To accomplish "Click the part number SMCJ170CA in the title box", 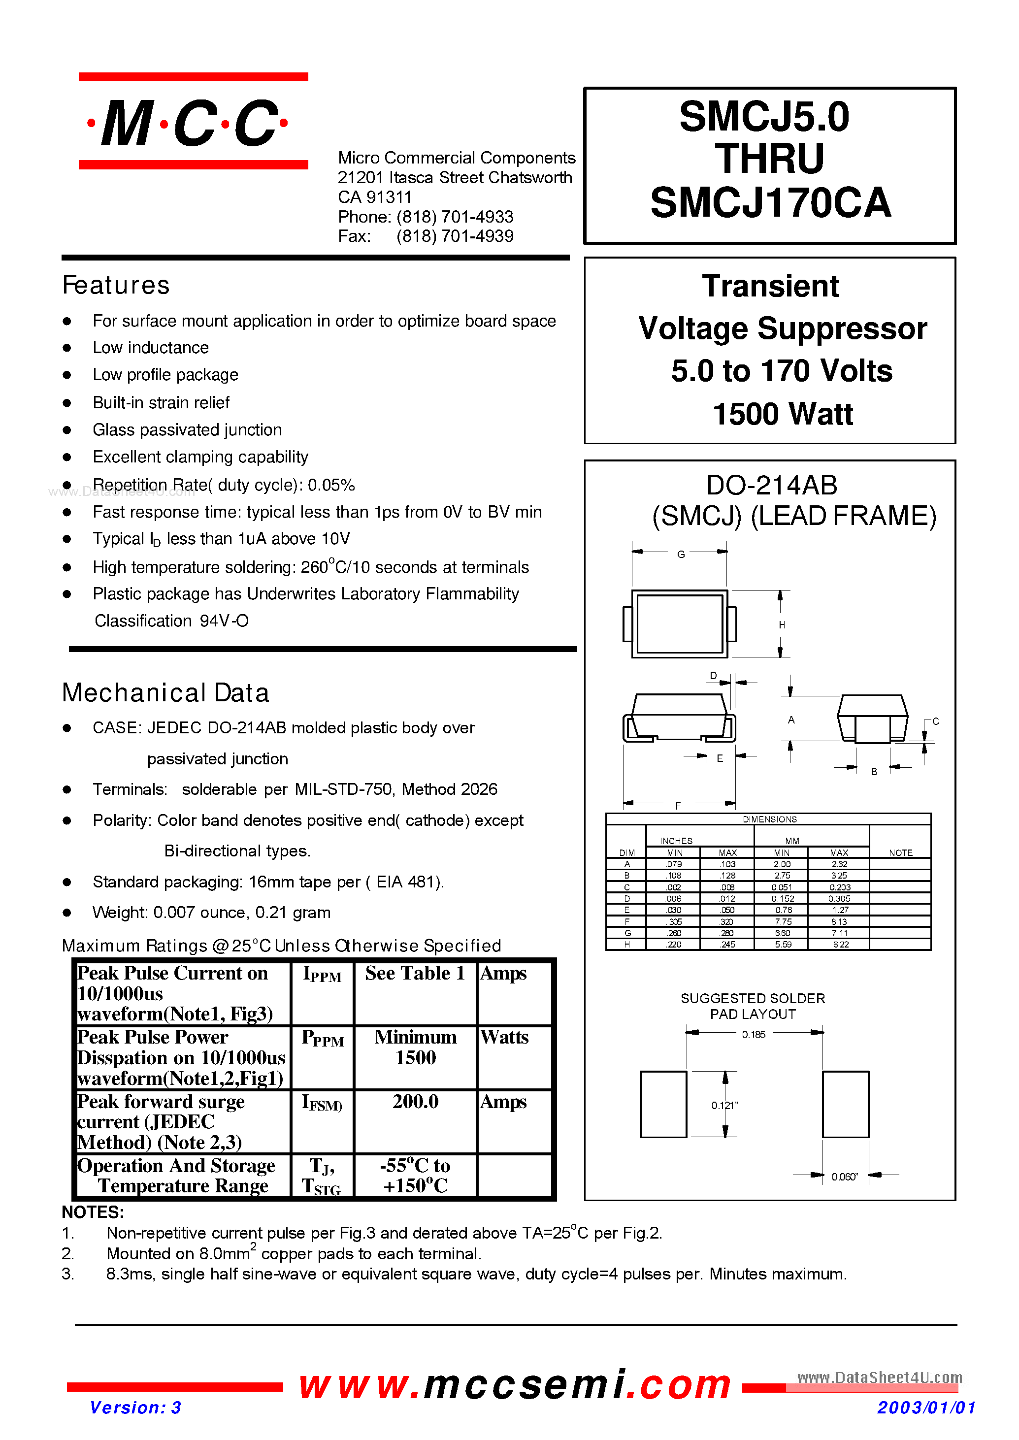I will click(770, 203).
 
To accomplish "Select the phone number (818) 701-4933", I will click(455, 217).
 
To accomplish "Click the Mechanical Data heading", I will click(165, 693).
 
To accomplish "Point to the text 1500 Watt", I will click(783, 414).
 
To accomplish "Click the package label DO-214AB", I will click(771, 485).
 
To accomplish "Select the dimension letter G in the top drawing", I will click(681, 555).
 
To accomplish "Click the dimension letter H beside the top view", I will click(782, 625).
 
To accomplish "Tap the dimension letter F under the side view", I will click(678, 806).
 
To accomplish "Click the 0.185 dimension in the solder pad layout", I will click(754, 1035).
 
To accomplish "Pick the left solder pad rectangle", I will click(663, 1104).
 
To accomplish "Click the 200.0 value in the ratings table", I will click(415, 1101).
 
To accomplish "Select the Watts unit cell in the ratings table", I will click(504, 1037).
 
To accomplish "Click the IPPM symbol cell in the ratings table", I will click(322, 975).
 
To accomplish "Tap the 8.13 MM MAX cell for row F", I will click(839, 922).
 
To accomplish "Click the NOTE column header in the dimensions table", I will click(900, 852).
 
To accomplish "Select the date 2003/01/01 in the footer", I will click(925, 1407).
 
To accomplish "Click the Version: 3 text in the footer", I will click(135, 1407).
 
